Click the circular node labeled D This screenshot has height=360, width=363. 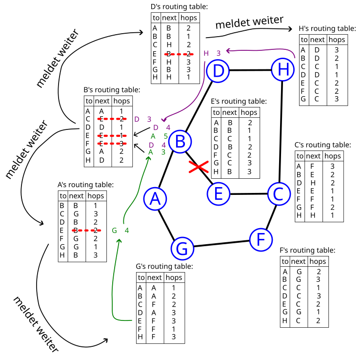218,71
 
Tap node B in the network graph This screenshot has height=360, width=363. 180,142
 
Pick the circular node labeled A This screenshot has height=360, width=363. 155,198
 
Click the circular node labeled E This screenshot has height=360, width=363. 218,194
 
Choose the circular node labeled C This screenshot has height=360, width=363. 278,193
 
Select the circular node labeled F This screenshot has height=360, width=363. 261,239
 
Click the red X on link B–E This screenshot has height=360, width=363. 198,168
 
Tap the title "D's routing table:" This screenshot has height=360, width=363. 179,7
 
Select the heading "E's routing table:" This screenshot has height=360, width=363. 239,101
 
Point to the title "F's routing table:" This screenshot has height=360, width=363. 307,250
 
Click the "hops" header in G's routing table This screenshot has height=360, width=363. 174,277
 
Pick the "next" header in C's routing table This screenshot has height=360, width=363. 313,156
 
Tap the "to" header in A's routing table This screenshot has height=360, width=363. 62,196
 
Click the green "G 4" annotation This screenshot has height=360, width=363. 120,230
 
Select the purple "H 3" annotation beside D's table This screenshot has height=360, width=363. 212,53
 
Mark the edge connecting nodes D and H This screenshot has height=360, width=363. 250,70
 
